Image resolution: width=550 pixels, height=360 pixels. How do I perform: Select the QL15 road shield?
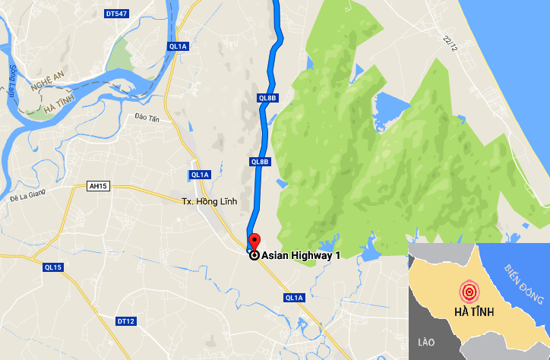coord(52,267)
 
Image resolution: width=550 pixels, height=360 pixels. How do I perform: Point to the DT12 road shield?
coord(126,322)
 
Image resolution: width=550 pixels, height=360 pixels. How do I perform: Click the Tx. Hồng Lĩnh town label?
coord(210,201)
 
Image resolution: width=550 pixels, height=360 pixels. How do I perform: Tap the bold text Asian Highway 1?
coord(301,256)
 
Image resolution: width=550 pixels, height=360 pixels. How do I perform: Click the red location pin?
coord(254,242)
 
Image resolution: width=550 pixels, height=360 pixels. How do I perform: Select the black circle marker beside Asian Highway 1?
coord(254,256)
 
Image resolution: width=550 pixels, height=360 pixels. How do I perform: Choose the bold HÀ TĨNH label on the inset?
coord(475,312)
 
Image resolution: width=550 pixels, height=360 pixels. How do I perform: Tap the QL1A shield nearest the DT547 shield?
coord(179,46)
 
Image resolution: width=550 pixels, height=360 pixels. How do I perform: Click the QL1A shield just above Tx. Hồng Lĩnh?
coord(200,175)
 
